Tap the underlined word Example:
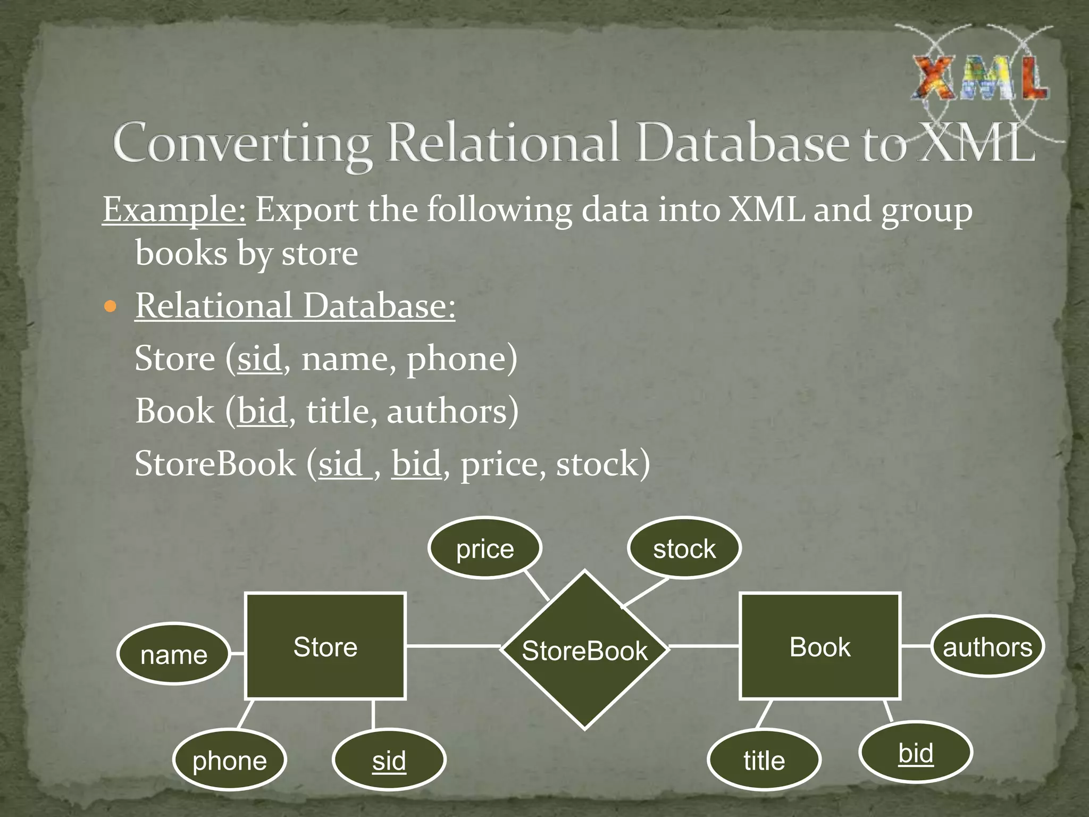(x=174, y=210)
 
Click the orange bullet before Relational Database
(x=110, y=307)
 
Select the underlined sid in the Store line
(x=259, y=359)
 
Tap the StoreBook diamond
(x=584, y=651)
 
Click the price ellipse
(x=485, y=548)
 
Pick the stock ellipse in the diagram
(x=684, y=548)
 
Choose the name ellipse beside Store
(x=174, y=654)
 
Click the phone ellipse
(x=230, y=760)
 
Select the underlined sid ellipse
(x=389, y=760)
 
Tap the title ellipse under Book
(x=764, y=760)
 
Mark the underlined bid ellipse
(x=916, y=753)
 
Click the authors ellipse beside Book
(x=987, y=647)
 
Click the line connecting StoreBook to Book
(x=703, y=646)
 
